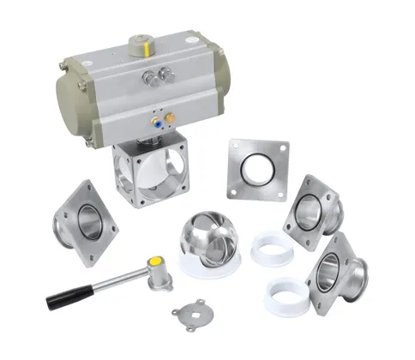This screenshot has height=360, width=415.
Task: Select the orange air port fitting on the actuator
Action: [171, 117]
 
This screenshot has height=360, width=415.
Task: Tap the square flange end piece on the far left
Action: [84, 221]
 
